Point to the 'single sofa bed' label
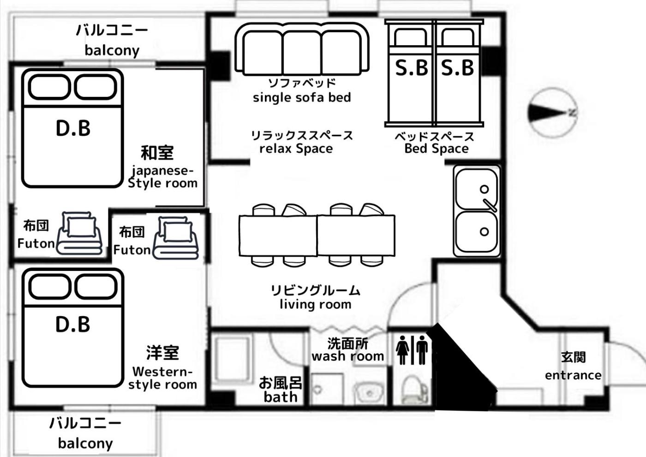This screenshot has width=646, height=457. (x=302, y=97)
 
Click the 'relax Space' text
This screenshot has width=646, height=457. (x=296, y=149)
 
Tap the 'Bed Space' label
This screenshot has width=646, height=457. (x=437, y=149)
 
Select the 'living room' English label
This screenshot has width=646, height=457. (x=316, y=304)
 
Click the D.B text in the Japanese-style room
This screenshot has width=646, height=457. (x=73, y=128)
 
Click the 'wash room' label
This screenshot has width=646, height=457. (x=348, y=356)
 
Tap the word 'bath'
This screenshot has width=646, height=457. (x=281, y=397)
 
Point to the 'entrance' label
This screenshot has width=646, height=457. (x=573, y=375)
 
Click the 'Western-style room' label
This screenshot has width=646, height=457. (x=162, y=378)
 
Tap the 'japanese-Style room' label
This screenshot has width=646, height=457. (x=162, y=177)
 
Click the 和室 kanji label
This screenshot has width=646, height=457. (x=157, y=153)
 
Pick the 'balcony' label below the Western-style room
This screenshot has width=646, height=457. (x=85, y=444)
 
